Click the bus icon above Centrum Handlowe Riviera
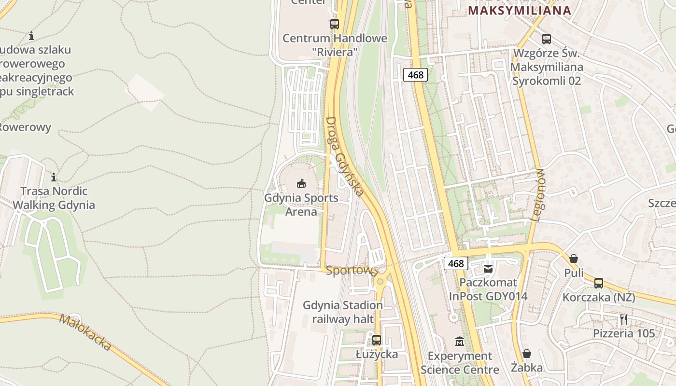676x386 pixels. tap(334, 24)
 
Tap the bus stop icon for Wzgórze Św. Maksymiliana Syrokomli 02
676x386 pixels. tap(547, 39)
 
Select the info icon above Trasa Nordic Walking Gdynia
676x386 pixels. tap(54, 177)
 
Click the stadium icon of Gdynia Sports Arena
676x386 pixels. tap(301, 183)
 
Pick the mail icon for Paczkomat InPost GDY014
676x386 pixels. tap(489, 268)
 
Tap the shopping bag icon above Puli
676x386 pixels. tap(574, 259)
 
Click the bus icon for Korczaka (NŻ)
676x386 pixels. tap(599, 283)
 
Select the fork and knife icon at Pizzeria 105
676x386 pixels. tap(624, 319)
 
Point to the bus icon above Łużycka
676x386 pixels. tap(377, 340)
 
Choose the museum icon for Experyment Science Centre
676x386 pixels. tap(460, 342)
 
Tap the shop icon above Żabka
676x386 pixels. tap(527, 354)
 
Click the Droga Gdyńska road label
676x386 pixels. tap(344, 156)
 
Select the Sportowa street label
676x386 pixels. tap(352, 271)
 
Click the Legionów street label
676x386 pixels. tap(537, 195)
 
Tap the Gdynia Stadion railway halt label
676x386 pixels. tap(343, 312)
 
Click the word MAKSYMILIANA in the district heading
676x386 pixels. tap(520, 10)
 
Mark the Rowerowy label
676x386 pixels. tap(25, 127)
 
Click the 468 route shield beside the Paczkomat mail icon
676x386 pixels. tap(456, 263)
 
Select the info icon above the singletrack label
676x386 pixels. tap(31, 36)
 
